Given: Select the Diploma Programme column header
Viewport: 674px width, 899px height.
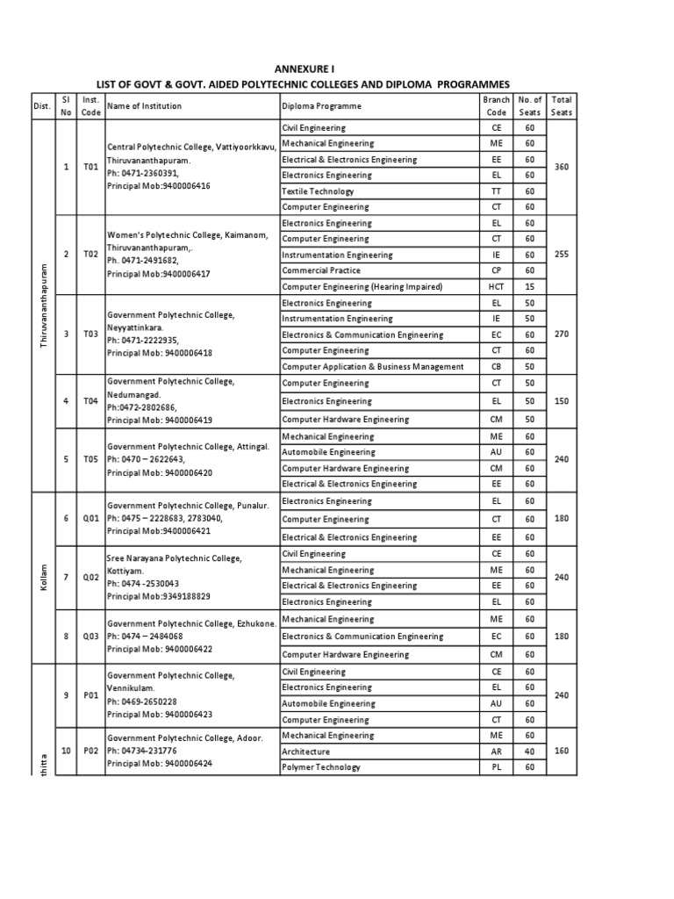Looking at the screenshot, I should tap(321, 106).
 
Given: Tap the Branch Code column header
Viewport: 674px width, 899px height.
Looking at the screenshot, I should tap(496, 106).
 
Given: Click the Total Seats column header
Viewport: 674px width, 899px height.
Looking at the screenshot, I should tap(561, 106).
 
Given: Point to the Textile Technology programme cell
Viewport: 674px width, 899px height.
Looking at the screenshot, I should tap(318, 191).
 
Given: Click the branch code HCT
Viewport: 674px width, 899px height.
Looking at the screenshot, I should tap(496, 287).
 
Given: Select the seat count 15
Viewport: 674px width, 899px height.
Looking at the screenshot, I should tap(529, 287).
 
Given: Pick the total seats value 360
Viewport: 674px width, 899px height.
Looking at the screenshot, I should tap(562, 167).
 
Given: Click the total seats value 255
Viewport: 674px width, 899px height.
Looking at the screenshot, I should tap(562, 255).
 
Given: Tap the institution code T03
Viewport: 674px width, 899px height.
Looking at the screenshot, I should tap(90, 334).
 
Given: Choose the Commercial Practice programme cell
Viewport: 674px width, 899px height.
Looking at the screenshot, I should tap(321, 270).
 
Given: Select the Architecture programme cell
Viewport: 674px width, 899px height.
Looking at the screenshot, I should tap(306, 752).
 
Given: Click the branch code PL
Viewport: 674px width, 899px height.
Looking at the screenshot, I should tap(496, 767).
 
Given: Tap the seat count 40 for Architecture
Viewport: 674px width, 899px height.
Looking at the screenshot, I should tap(529, 752).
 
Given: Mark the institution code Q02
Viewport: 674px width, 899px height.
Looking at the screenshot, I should tap(90, 577).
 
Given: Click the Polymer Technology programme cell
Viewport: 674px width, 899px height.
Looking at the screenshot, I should tap(321, 767).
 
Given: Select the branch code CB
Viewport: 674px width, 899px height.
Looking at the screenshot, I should tap(496, 366).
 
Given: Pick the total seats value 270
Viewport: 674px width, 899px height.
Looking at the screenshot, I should tap(562, 334).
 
